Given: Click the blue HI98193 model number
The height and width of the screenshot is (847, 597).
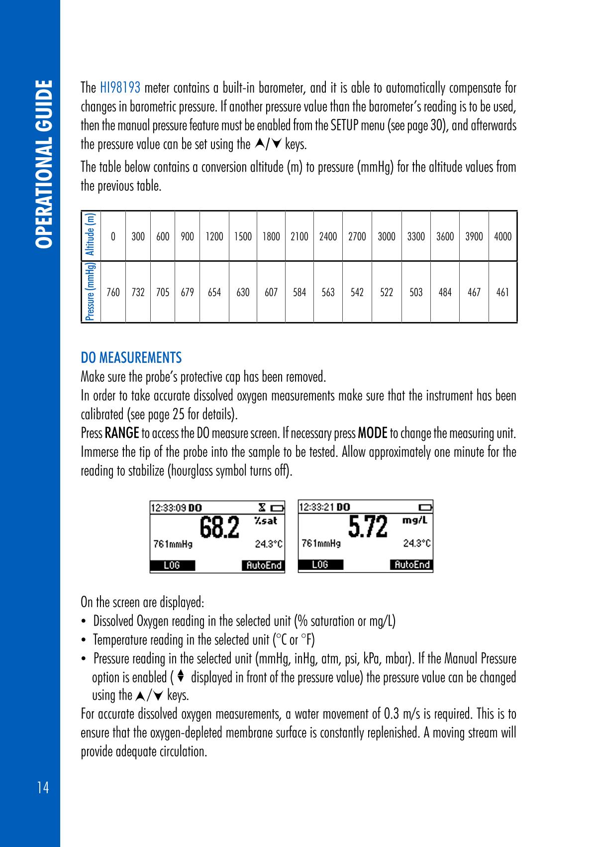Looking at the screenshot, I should tap(120, 89).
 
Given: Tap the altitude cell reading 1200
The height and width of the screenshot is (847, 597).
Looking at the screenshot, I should tap(214, 237).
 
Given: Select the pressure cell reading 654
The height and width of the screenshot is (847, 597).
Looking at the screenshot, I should tap(214, 293).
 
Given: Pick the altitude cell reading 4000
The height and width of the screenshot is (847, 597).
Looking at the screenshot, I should tap(502, 237).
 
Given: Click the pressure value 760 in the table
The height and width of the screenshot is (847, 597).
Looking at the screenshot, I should tap(113, 293).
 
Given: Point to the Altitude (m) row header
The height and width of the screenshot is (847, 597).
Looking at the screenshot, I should tap(91, 235).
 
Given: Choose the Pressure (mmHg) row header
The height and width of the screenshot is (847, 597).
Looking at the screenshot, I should tap(91, 292).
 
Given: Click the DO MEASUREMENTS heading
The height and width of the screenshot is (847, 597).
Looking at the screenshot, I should tap(131, 358).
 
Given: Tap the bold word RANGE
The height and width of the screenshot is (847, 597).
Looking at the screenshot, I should tap(122, 433).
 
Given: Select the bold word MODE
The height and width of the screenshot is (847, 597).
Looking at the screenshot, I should tap(373, 433).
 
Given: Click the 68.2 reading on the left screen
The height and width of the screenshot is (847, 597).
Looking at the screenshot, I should tap(219, 528).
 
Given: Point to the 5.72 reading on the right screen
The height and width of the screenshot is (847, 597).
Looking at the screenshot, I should tap(368, 528).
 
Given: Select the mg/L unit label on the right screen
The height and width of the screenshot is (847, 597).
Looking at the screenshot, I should tap(415, 521).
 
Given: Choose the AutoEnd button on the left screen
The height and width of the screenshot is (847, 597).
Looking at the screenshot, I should tap(263, 565).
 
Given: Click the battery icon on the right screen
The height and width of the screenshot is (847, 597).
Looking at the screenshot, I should tap(425, 508).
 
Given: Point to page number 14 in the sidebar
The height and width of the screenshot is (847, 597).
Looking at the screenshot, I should tap(43, 788).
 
